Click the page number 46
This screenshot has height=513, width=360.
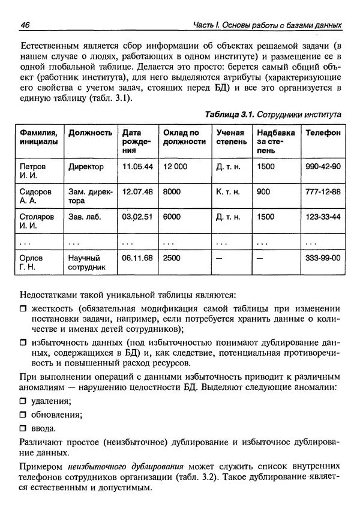25,25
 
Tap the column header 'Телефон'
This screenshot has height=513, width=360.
323,133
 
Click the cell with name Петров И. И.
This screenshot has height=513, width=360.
32,170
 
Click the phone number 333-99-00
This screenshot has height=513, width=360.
323,257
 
